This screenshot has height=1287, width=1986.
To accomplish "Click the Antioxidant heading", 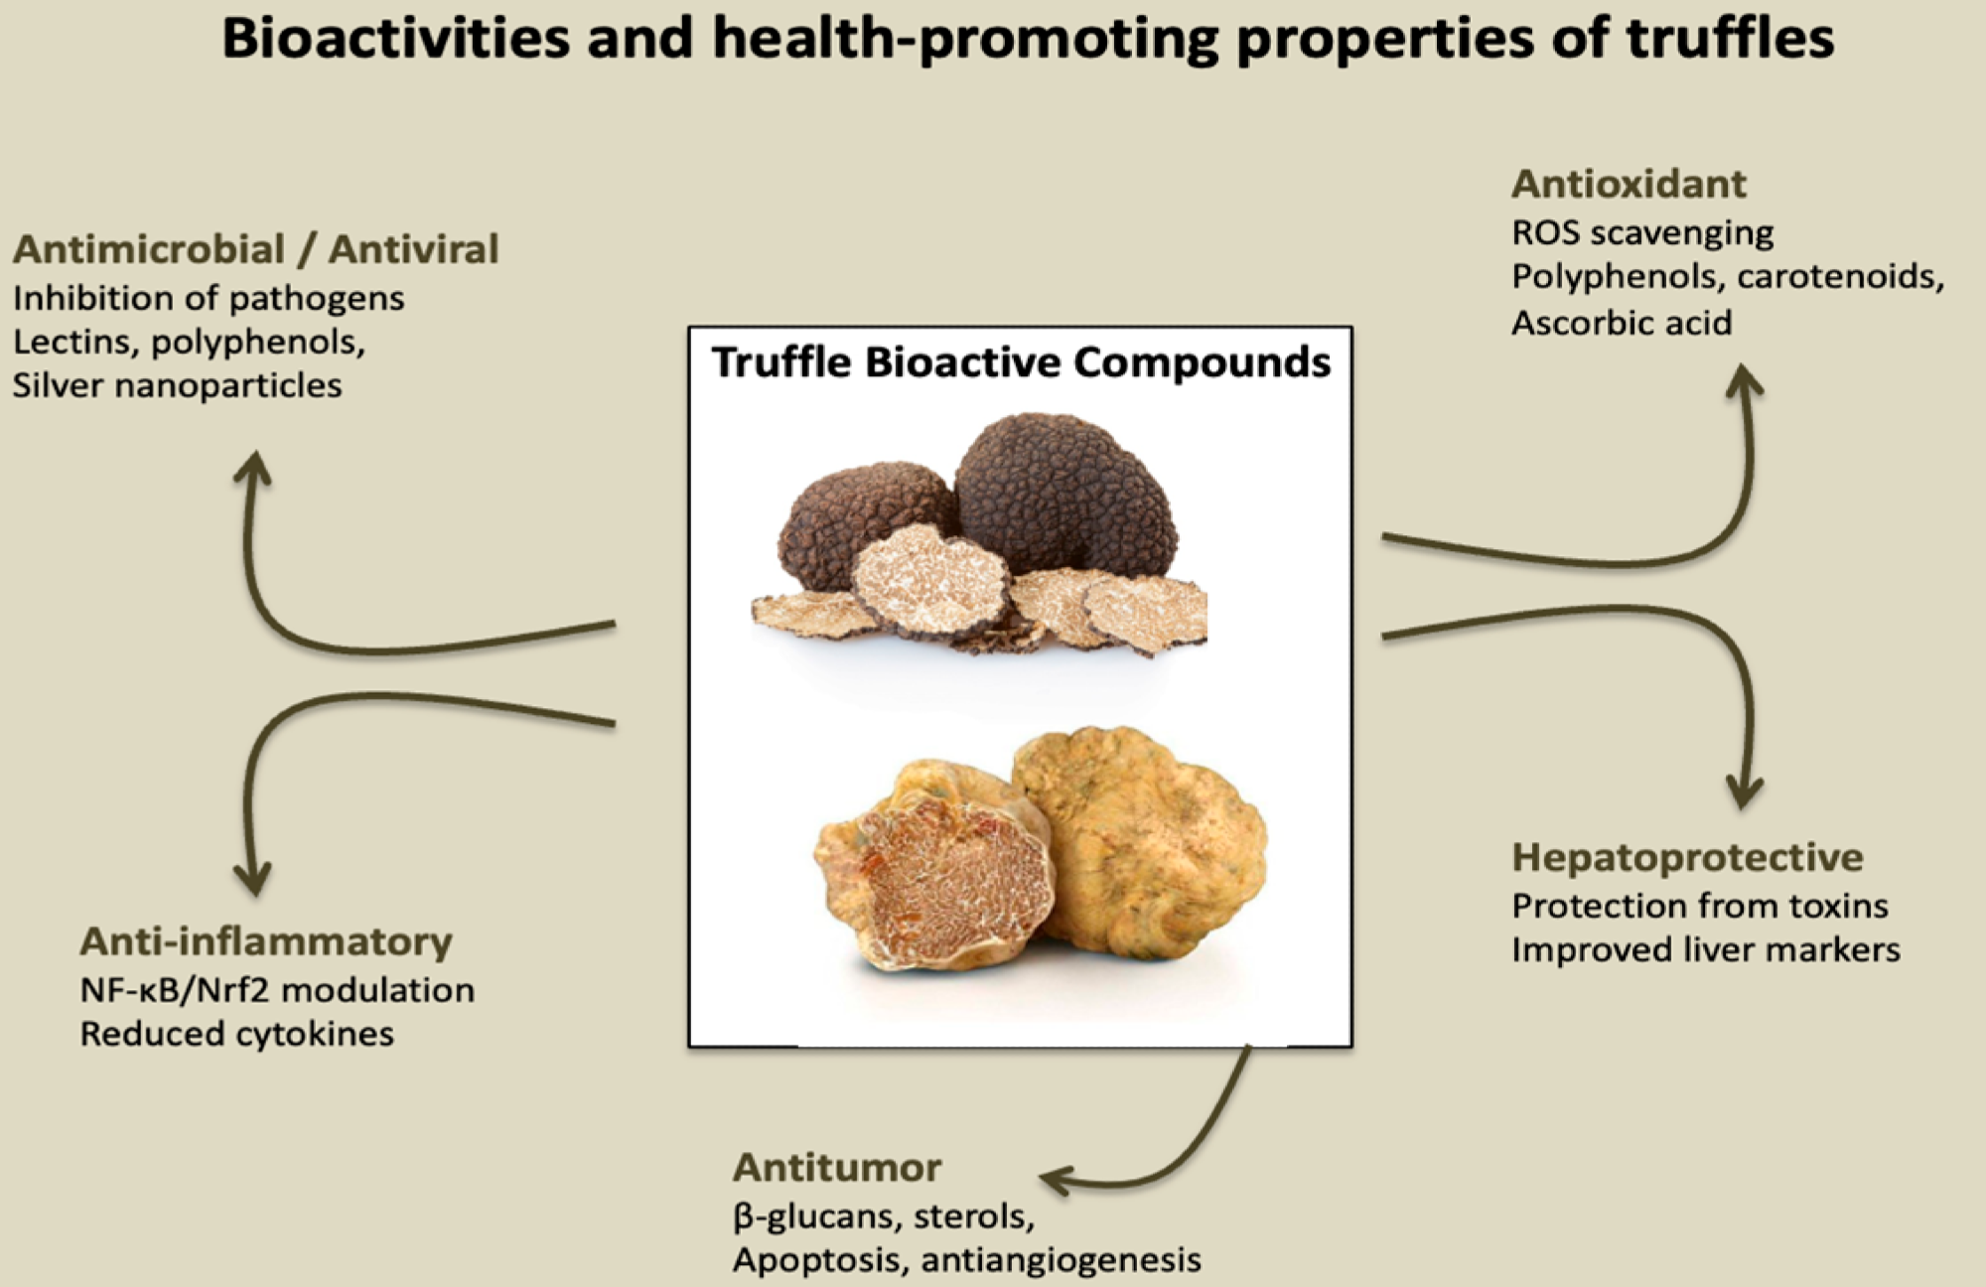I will coord(1629,185).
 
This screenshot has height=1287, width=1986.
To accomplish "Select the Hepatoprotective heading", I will coord(1687,857).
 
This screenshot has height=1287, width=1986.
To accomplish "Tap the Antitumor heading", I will coord(837,1168).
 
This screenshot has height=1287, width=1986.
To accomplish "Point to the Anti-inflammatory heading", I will coord(266,941).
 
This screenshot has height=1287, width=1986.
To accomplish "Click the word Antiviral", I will coord(414,249).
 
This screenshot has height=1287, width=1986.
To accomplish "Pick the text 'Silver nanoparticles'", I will coord(177,385).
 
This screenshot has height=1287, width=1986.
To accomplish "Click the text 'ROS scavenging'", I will coord(1642,233).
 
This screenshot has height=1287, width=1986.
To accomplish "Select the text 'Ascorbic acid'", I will coord(1622,323).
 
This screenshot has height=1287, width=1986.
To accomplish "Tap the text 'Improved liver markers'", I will coord(1705,950).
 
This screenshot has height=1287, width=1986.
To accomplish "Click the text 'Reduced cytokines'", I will coord(236,1035).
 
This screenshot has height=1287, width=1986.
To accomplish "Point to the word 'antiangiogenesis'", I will coord(1061,1260).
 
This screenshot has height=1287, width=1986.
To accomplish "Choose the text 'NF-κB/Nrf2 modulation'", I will coord(277,990).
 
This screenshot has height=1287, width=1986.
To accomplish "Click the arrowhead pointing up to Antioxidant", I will coord(1744,381).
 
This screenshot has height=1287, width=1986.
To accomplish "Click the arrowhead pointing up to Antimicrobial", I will coord(253,468).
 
